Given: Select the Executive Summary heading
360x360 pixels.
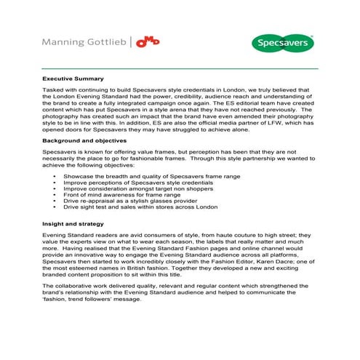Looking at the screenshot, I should [x=73, y=79].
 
